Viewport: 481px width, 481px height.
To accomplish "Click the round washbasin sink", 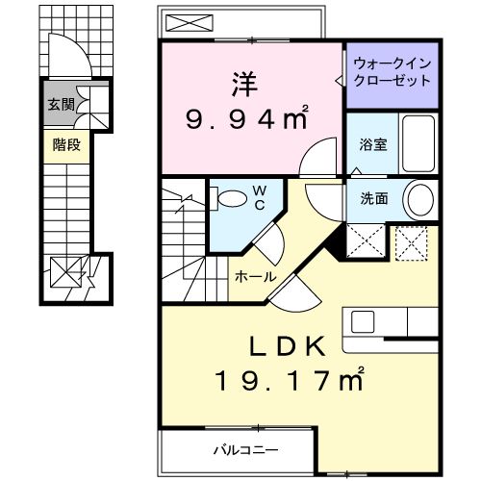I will click(x=418, y=201).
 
